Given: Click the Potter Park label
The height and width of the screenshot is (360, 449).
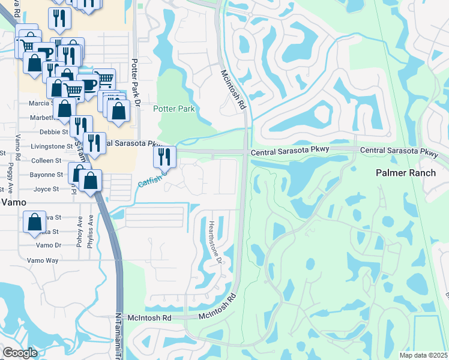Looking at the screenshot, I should click(175, 109).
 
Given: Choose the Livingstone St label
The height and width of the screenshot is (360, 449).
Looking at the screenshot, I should click(53, 146).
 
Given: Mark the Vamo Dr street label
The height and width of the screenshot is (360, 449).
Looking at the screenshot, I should click(49, 245).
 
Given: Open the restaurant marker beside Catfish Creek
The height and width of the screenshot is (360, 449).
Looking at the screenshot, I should click(164, 158).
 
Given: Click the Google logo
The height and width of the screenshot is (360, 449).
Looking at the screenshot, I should click(20, 353).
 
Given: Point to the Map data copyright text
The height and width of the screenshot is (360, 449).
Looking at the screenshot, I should click(423, 355).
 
